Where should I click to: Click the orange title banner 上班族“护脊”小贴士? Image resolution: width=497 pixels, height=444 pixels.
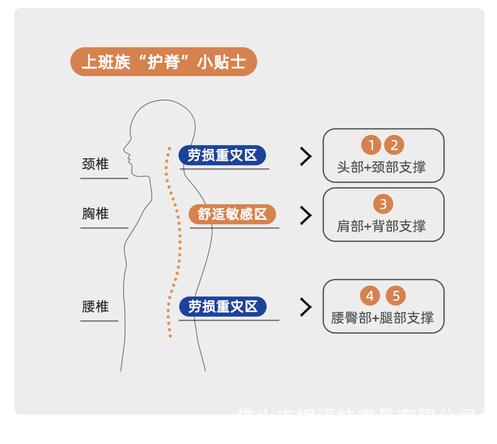pos(164,62)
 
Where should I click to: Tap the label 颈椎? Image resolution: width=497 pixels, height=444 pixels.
pos(96,164)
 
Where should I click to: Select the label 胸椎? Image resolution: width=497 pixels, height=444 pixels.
pos(96,214)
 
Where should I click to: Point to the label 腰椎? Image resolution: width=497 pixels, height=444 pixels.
pos(96,306)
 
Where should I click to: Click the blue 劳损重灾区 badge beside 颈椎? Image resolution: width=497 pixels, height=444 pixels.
pos(223,155)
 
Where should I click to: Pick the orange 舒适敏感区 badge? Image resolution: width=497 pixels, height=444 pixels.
pos(232,214)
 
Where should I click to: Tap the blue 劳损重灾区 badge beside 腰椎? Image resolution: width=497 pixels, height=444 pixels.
pos(223,306)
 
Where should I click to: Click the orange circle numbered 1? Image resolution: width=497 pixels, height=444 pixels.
pos(372,146)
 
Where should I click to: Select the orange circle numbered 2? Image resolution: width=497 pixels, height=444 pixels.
pos(394,146)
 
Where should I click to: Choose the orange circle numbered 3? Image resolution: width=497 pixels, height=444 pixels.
pos(383,204)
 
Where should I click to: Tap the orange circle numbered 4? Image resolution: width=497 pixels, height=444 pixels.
pos(371,296)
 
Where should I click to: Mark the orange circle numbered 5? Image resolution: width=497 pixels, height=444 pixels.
pos(396,296)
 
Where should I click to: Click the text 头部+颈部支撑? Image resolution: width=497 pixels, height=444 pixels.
pos(381,168)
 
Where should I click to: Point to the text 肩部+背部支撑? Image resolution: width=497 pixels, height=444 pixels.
pos(381,226)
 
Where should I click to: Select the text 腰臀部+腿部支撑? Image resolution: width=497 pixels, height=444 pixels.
pos(383,318)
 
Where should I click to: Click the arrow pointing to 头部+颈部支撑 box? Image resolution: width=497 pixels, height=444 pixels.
pos(306,157)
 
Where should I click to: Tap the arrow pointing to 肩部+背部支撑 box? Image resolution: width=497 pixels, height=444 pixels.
pos(306,215)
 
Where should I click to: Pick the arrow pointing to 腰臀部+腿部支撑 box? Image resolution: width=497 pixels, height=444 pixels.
pos(306,307)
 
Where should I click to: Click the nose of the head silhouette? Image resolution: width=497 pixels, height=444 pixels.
pos(125,150)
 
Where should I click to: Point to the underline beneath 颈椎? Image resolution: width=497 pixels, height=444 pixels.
pos(104,178)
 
